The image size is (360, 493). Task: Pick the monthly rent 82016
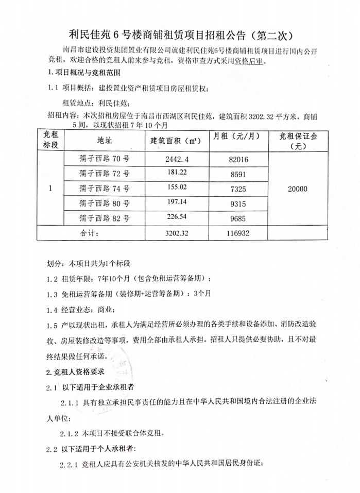[238, 160]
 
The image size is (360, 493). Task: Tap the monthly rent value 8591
[238, 175]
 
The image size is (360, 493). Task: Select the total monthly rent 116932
[238, 233]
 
